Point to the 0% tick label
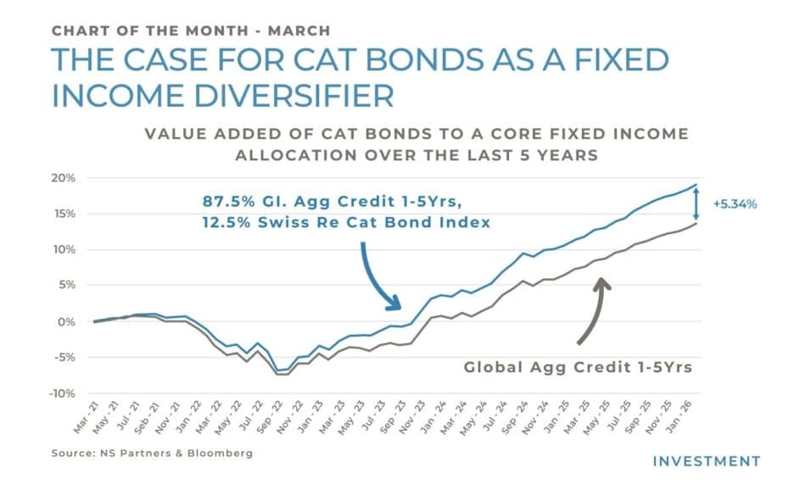click(x=67, y=322)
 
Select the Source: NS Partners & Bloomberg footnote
click(x=153, y=454)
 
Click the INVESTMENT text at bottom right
click(x=706, y=461)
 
